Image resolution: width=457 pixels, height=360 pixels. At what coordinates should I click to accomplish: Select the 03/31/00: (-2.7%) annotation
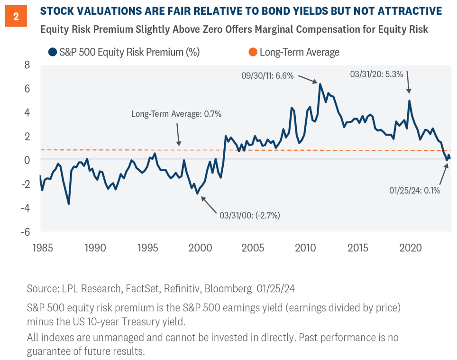pos(250,215)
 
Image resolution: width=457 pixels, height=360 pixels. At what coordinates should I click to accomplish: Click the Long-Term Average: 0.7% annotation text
pos(176,114)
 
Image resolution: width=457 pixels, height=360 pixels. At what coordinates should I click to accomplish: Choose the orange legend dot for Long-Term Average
pos(252,52)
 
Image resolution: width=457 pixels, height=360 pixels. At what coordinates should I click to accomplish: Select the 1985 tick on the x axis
pos(40,248)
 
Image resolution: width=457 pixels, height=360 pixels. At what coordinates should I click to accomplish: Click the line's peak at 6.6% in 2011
pos(320,84)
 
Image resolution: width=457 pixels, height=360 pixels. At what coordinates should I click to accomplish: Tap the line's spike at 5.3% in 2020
pos(410,101)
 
